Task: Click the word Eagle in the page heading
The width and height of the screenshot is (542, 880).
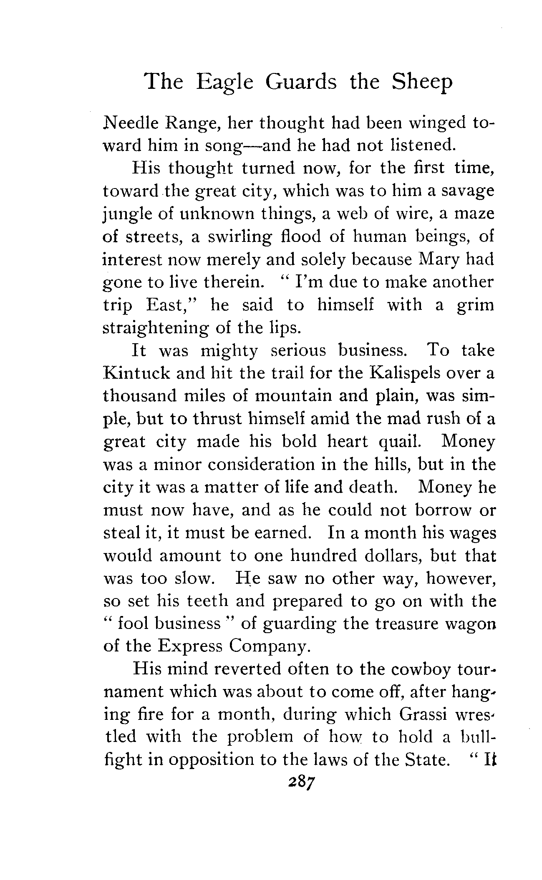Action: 225,82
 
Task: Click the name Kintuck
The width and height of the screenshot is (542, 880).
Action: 136,373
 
